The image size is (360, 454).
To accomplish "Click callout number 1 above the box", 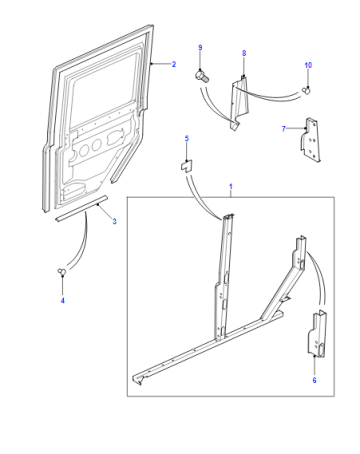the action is coord(231,187).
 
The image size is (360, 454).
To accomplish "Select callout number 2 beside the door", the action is coord(174,64).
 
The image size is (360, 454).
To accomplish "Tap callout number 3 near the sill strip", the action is coord(114,221).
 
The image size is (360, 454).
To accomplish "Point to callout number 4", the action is coord(62,301).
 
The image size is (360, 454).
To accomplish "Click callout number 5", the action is coord(187,138).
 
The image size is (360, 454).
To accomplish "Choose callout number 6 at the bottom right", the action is coord(314,380).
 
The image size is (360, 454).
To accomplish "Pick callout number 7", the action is coord(284,129).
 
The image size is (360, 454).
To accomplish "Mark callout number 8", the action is coord(244,53).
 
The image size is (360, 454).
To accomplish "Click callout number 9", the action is coord(200,48).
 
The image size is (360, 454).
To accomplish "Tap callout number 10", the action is coord(308,65).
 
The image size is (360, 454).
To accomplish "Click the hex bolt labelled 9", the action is coord(201,76).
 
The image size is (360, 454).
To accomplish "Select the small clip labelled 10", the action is coord(306,90).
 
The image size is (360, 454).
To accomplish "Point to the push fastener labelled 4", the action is coord(62,272).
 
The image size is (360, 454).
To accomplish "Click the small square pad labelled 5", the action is coord(187,166).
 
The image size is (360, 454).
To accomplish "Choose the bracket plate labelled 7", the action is coord(310,139).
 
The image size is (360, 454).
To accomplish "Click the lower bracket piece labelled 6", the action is coord(317,334).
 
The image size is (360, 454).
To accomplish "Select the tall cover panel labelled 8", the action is coord(239,103).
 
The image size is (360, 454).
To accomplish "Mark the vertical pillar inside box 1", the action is coord(224,277).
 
